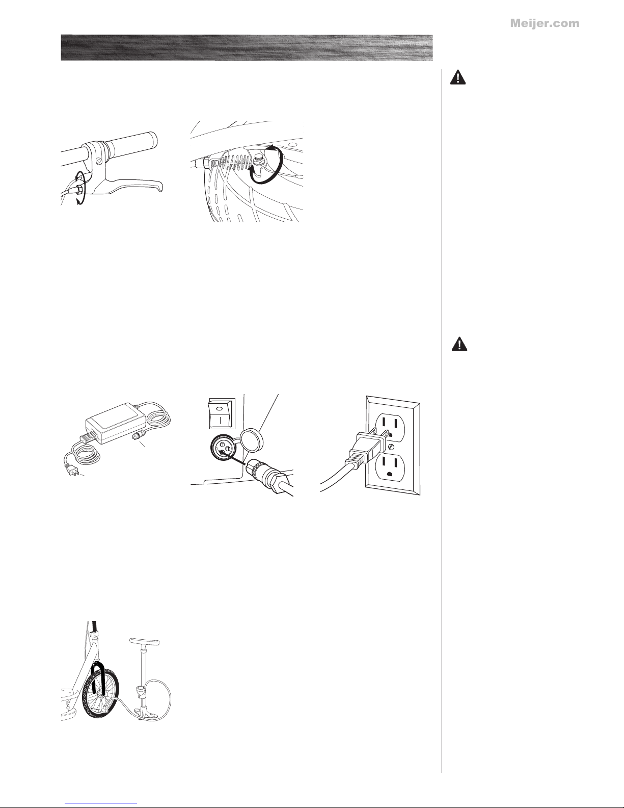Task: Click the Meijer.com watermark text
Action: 545,23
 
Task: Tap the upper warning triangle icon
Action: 458,77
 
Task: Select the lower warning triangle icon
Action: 459,344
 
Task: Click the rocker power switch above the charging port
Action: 221,413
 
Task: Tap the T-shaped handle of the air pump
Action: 145,641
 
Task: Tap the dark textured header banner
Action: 247,47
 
